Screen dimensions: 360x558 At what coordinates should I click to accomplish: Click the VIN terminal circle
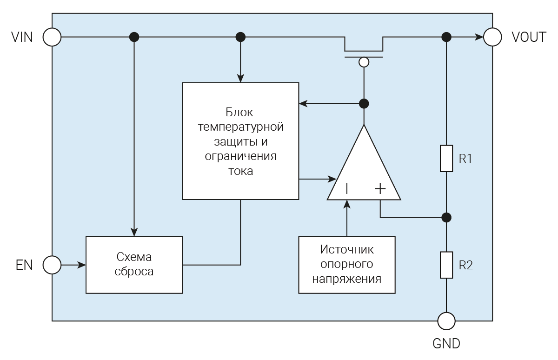pos(52,37)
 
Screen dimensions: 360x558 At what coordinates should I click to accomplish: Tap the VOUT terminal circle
pos(493,37)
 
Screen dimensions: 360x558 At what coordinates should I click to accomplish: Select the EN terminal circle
pos(52,265)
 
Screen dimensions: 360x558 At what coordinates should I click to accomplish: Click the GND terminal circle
pos(446,321)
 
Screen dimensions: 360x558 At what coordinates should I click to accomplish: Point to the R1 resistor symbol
pos(446,159)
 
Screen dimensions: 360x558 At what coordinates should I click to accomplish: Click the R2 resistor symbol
pos(446,265)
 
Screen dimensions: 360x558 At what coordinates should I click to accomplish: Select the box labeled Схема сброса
pos(134,265)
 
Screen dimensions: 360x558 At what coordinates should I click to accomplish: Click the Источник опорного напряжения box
pos(346,265)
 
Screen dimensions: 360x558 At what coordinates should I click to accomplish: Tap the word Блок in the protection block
pos(240,112)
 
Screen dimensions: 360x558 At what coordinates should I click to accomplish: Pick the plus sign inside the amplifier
pos(380,188)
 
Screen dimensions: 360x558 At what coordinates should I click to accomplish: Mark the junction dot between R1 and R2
pos(446,217)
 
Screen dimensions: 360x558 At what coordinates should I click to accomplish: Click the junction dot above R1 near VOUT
pos(446,37)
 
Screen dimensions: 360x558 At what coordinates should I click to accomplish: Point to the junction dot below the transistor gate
pos(364,103)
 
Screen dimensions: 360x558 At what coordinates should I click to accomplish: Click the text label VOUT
pos(529,37)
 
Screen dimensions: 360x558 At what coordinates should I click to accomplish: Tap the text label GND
pos(446,344)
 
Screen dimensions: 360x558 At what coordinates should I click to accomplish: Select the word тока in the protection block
pos(240,171)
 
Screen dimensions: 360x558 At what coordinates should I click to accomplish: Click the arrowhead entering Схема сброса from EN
pos(82,265)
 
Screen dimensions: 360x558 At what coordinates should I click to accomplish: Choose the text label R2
pos(465,266)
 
